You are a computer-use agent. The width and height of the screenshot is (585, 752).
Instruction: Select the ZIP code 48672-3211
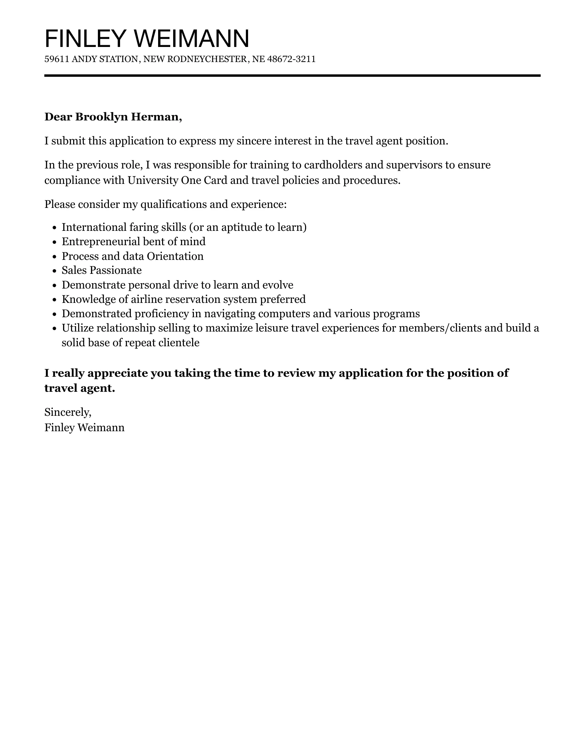point(291,59)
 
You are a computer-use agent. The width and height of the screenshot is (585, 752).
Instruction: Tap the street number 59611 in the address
point(56,59)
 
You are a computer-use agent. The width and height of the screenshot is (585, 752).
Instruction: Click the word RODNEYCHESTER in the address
point(207,59)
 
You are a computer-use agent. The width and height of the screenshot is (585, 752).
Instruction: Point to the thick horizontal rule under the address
point(292,76)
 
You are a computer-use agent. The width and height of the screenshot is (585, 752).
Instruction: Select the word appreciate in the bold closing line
point(118,373)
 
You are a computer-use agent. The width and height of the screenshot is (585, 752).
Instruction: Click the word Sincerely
point(68,413)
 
